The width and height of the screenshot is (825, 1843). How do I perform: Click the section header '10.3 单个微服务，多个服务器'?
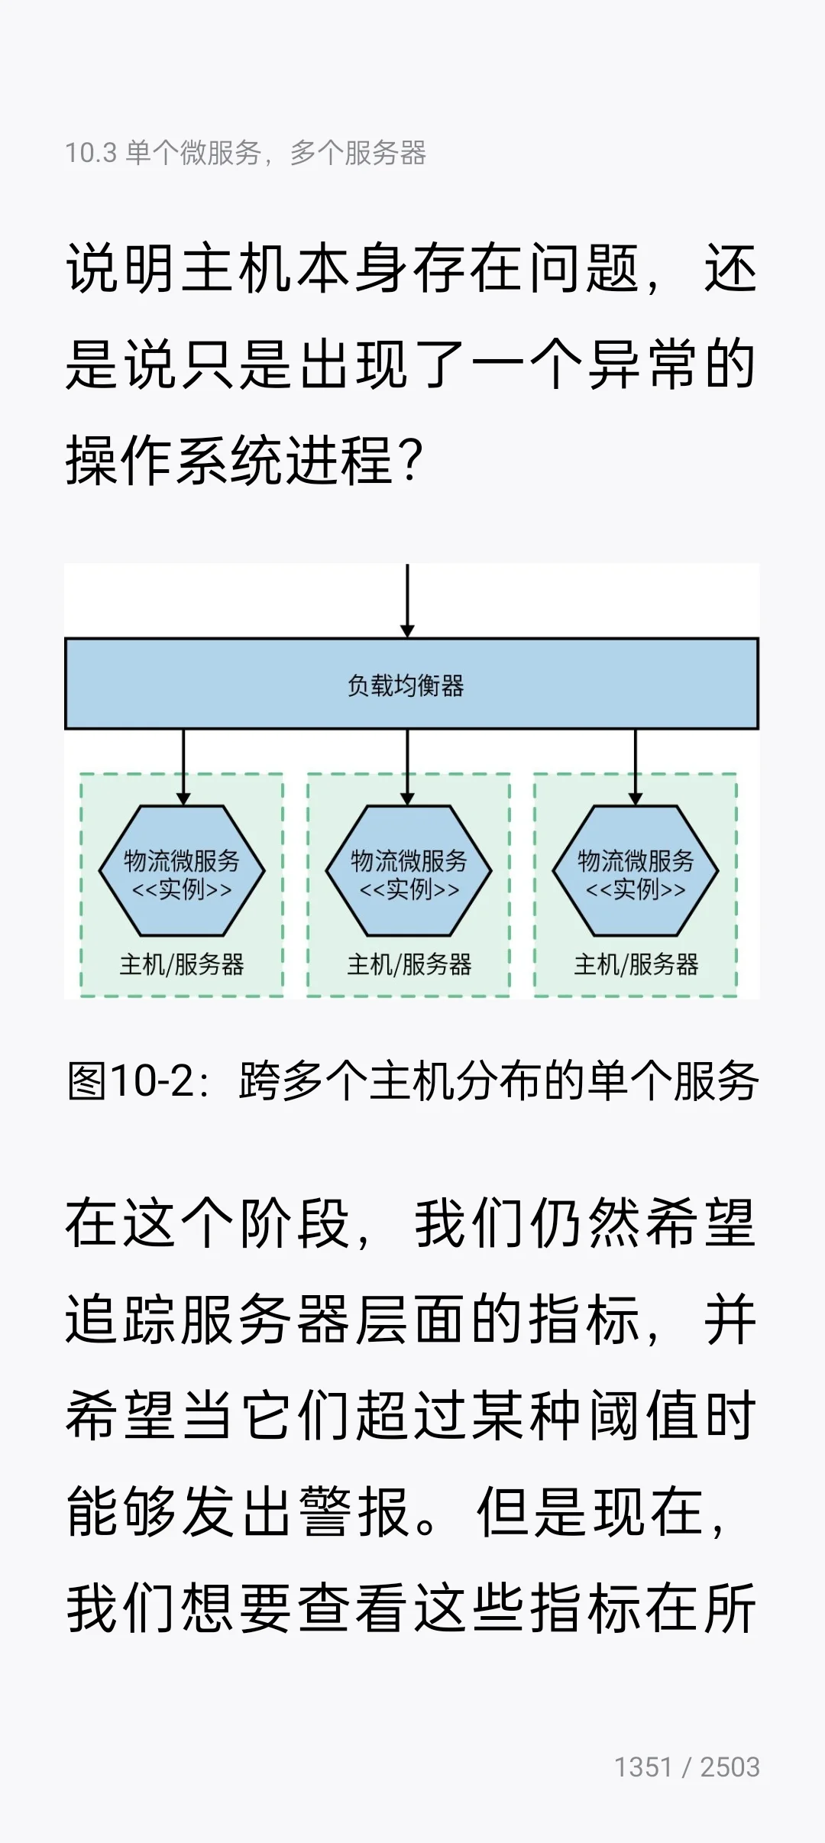pos(246,153)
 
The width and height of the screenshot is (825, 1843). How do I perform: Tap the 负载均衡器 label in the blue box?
pos(406,685)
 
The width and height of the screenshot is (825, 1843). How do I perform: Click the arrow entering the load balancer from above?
pos(407,601)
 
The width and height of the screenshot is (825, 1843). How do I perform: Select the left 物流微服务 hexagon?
pos(182,870)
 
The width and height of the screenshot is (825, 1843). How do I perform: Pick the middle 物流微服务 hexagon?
pos(409,870)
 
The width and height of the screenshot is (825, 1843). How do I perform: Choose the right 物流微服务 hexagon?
pos(636,870)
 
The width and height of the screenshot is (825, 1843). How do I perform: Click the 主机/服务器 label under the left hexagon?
pos(182,964)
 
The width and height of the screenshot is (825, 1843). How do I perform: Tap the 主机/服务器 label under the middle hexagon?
pos(409,964)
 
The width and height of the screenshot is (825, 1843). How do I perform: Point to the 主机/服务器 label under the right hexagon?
pos(636,964)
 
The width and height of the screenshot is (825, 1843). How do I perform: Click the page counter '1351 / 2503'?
pos(687,1767)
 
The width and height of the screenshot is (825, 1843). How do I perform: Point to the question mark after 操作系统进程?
pos(410,461)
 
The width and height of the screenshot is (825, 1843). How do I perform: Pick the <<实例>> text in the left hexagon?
pos(182,889)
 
